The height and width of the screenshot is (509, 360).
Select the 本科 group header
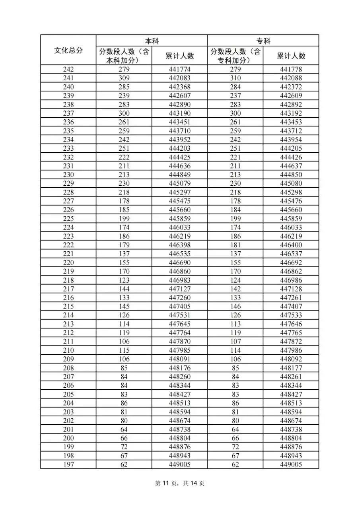click(x=152, y=41)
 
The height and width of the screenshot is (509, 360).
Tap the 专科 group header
click(x=263, y=41)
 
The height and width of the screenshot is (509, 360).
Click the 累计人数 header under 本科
click(x=179, y=56)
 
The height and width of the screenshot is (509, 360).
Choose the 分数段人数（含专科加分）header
click(x=235, y=56)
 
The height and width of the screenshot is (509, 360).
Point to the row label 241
click(x=68, y=78)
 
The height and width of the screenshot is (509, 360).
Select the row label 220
click(x=68, y=262)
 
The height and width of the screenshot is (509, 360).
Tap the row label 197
click(x=68, y=464)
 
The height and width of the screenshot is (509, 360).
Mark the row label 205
click(x=68, y=394)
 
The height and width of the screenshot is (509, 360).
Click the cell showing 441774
click(x=179, y=70)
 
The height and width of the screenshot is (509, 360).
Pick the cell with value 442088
click(x=291, y=78)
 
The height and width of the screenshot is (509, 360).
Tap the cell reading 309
click(x=124, y=78)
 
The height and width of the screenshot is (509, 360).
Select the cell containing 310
click(x=235, y=78)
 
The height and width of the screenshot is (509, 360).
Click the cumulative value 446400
click(x=291, y=245)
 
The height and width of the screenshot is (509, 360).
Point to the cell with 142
click(x=235, y=289)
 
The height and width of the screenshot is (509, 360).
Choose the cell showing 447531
click(x=179, y=315)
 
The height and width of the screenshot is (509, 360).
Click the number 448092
click(x=291, y=359)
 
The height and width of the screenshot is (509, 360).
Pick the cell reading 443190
click(x=179, y=113)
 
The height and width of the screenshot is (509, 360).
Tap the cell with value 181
click(x=235, y=245)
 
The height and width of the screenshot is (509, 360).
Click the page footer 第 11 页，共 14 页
click(x=180, y=484)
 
